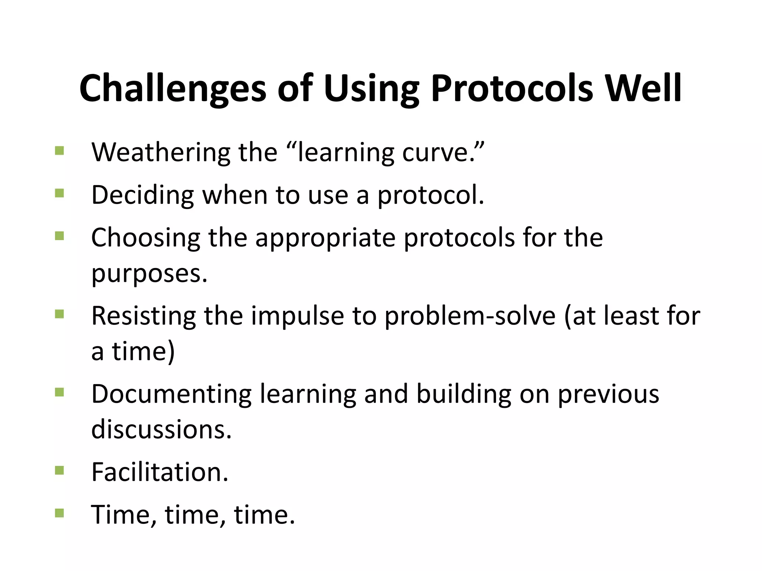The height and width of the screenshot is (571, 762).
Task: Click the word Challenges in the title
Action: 173,88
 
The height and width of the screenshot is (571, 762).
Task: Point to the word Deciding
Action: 143,195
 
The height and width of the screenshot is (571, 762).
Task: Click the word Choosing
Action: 145,238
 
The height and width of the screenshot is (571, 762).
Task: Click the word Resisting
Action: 144,316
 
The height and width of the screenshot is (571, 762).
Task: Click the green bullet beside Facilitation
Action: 59,471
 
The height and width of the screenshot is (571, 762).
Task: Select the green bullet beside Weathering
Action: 59,151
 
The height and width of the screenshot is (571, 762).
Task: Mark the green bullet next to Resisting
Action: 59,314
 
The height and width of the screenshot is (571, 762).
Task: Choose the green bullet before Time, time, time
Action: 59,513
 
